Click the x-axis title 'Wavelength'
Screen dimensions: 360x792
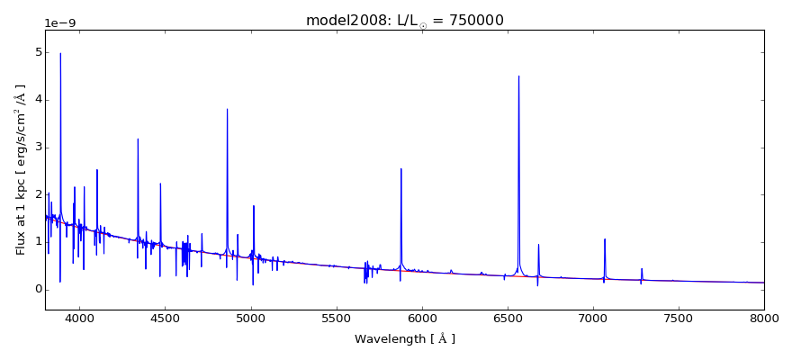[404, 339]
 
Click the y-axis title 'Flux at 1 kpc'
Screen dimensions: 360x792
[21, 170]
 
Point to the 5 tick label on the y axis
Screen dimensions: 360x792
[37, 52]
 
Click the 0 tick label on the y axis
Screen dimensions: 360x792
[37, 289]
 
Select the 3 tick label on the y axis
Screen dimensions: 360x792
[37, 147]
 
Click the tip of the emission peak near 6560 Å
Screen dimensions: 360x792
[518, 76]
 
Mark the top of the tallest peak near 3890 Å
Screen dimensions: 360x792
[60, 53]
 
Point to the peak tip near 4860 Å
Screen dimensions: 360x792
[227, 109]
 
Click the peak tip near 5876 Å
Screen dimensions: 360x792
[400, 168]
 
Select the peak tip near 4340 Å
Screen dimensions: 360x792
[138, 139]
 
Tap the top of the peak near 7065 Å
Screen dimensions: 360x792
[605, 238]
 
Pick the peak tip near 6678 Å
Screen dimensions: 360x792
[538, 244]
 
